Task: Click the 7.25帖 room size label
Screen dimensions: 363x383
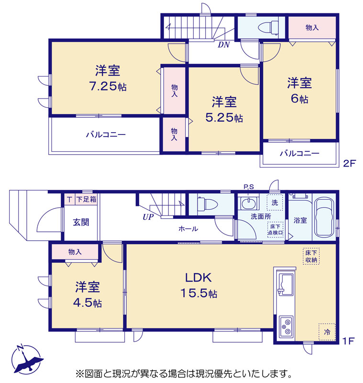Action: (108, 86)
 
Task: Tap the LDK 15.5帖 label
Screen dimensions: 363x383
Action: (198, 285)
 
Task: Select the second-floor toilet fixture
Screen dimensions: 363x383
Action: (268, 27)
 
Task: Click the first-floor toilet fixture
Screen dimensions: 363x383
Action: (207, 204)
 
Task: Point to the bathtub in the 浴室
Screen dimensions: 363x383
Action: (324, 218)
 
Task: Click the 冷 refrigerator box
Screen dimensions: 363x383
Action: (327, 332)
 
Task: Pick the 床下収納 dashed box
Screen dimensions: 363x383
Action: (311, 256)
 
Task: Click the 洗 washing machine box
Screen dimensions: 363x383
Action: (275, 202)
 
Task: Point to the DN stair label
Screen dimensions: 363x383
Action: (224, 45)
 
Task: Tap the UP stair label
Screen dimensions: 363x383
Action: (148, 217)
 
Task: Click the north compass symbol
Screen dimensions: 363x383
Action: (27, 359)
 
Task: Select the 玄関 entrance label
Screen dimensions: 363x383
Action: (81, 222)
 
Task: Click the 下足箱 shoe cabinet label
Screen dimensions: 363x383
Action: (87, 199)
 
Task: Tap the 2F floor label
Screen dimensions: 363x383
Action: (350, 163)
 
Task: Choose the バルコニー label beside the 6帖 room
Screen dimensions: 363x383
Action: (299, 153)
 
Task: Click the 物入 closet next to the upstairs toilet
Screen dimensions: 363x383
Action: (312, 28)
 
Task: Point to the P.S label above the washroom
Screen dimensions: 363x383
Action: (249, 187)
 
